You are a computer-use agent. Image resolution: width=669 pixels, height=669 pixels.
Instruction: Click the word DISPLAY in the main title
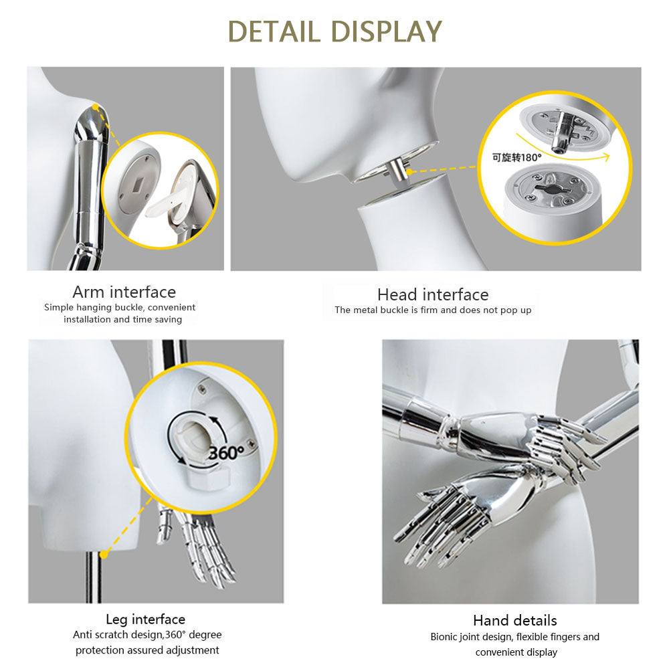[x=387, y=31]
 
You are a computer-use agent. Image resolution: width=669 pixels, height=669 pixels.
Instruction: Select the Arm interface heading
[x=124, y=292]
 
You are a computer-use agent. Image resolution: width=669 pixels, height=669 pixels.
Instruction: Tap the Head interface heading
[x=433, y=294]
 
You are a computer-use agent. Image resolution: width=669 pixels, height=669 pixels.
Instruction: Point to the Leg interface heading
[x=145, y=619]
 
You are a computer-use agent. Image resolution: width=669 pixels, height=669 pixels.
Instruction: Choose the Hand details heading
[x=514, y=620]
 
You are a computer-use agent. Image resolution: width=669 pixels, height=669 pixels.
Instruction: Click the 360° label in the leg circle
[x=226, y=453]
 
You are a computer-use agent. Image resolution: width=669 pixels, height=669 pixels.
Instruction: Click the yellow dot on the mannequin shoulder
[x=96, y=107]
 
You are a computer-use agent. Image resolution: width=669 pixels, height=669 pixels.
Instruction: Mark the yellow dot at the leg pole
[x=104, y=554]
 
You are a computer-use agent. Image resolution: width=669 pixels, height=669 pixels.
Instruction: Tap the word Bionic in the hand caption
[x=444, y=637]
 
